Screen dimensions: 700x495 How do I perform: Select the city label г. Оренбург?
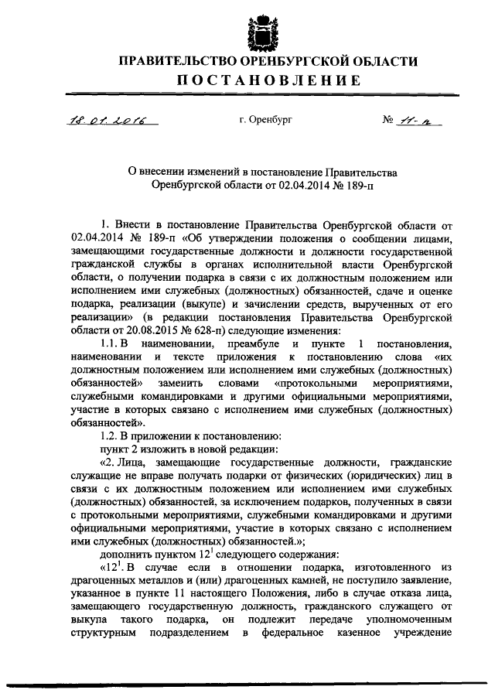265,120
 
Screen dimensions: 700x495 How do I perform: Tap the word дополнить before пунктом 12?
127,555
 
